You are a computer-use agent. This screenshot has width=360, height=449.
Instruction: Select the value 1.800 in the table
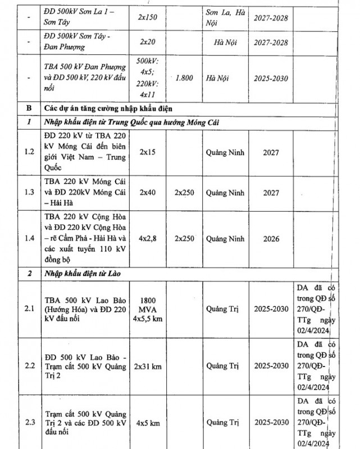coord(184,79)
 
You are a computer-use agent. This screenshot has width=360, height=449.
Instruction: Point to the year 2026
coord(271,239)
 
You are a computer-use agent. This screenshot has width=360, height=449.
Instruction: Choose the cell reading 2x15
coord(148,152)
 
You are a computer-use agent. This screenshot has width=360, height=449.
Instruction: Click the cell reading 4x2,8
coord(148,239)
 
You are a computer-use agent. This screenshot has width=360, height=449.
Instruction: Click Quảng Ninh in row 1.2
coord(225,152)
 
